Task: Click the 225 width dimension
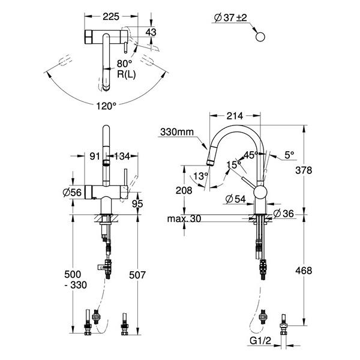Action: [111, 17]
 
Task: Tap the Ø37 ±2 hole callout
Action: [230, 17]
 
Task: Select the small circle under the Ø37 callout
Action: [260, 37]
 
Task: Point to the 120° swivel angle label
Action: [106, 106]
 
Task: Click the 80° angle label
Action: [124, 64]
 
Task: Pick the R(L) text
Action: [126, 74]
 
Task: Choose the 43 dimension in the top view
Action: [151, 32]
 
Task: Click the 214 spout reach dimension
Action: [235, 116]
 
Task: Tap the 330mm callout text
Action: [177, 132]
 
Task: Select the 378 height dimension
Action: [304, 170]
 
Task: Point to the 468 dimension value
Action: [304, 271]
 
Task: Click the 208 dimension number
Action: [184, 190]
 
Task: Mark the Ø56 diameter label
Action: [72, 193]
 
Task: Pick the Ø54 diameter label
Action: [235, 199]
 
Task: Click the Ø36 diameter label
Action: [284, 214]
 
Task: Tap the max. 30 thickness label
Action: [184, 219]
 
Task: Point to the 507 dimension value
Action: [137, 275]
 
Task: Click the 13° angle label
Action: [200, 176]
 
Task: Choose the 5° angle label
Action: [289, 155]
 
